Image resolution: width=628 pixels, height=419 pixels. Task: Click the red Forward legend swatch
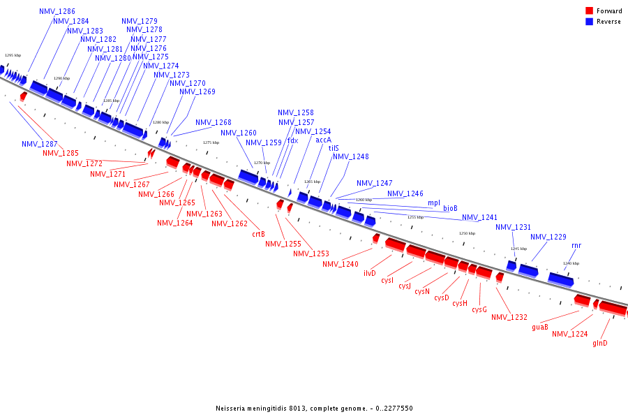point(590,10)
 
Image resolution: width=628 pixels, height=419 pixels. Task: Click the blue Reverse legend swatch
point(590,22)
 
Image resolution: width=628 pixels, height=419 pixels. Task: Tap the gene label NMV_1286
point(57,12)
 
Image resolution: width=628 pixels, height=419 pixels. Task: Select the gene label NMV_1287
point(40,144)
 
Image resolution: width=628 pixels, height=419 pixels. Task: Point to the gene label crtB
point(258,234)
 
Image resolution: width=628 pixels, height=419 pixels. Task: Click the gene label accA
point(323,140)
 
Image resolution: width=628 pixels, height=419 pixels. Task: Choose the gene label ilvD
point(370,273)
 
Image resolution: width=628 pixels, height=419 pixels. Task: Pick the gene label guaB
point(540,327)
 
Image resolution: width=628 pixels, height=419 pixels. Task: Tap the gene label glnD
point(600,343)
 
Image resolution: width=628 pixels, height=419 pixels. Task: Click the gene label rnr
point(576,245)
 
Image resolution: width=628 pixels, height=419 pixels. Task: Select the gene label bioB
point(450,208)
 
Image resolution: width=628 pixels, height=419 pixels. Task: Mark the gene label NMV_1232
point(509,317)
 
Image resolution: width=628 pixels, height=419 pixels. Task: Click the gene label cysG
point(479,309)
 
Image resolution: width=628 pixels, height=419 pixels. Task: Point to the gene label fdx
point(293,140)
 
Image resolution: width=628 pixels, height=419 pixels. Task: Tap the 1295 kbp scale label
point(13,54)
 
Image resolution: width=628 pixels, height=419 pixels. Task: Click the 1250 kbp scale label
point(467,233)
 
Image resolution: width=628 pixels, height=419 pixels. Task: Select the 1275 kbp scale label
point(211,142)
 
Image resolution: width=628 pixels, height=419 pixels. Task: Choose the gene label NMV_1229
point(548,237)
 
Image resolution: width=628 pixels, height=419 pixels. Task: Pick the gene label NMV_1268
point(214,122)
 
